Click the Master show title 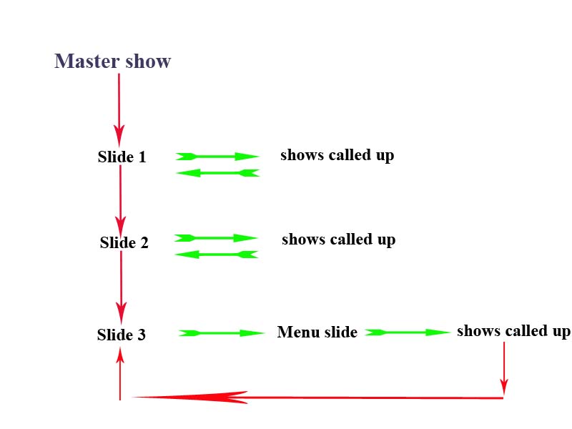pyautogui.click(x=113, y=61)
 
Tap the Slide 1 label pyautogui.click(x=122, y=157)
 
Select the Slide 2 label pyautogui.click(x=124, y=242)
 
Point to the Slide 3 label pyautogui.click(x=121, y=334)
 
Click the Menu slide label pyautogui.click(x=317, y=332)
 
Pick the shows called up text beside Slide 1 pyautogui.click(x=337, y=155)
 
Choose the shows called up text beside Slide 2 pyautogui.click(x=338, y=240)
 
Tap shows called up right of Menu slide pyautogui.click(x=513, y=331)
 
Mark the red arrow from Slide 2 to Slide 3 pyautogui.click(x=121, y=282)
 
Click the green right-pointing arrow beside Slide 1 pyautogui.click(x=217, y=156)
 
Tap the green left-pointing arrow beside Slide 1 pyautogui.click(x=217, y=173)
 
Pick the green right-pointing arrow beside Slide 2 pyautogui.click(x=215, y=238)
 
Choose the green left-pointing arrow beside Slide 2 pyautogui.click(x=216, y=255)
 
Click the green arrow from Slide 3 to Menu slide pyautogui.click(x=221, y=333)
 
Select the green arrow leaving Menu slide pyautogui.click(x=408, y=332)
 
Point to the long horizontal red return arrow pyautogui.click(x=318, y=398)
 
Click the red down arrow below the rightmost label pyautogui.click(x=504, y=368)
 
